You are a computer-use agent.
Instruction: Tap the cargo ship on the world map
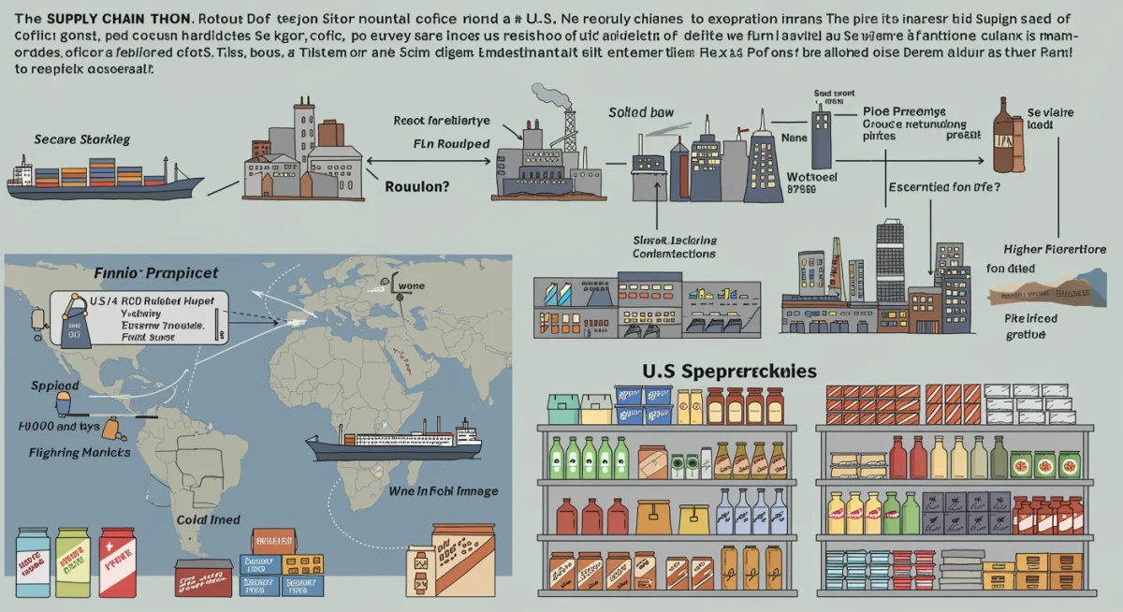[394, 441]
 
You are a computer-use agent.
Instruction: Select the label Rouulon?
[417, 186]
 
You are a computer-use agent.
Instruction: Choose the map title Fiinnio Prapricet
[156, 273]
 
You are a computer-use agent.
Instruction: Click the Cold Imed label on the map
[208, 519]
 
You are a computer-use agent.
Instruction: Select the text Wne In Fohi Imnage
[445, 490]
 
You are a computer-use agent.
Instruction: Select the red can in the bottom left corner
[118, 561]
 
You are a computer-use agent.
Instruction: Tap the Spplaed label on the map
[54, 385]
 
